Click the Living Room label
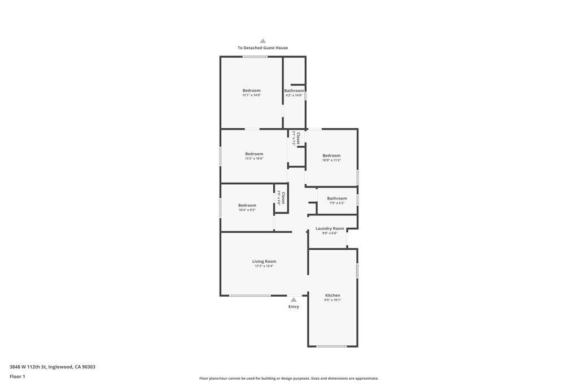click(264, 261)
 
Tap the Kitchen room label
click(332, 296)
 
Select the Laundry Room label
click(330, 228)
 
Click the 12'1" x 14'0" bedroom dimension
click(251, 95)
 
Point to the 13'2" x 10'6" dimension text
click(254, 159)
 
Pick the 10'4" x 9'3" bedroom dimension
click(247, 210)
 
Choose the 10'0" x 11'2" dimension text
click(331, 161)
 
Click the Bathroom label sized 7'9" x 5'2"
click(337, 198)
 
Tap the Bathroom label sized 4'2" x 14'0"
click(294, 90)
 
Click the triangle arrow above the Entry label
click(294, 300)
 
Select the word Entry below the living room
click(294, 307)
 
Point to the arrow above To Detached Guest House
click(262, 41)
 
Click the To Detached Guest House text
click(262, 48)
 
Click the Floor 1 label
click(17, 376)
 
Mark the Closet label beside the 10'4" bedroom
click(283, 198)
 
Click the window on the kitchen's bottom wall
click(331, 346)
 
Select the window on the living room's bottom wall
click(250, 296)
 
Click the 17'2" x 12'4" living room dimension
click(264, 266)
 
